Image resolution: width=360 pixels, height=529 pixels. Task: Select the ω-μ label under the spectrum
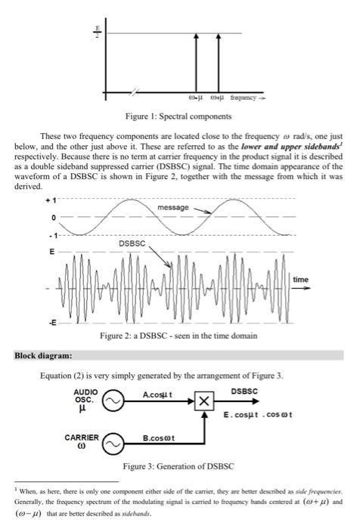[195, 98]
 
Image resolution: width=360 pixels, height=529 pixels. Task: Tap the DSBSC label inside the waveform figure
[133, 243]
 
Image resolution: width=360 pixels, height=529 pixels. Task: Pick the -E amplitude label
[50, 320]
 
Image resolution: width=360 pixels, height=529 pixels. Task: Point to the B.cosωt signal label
[157, 437]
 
